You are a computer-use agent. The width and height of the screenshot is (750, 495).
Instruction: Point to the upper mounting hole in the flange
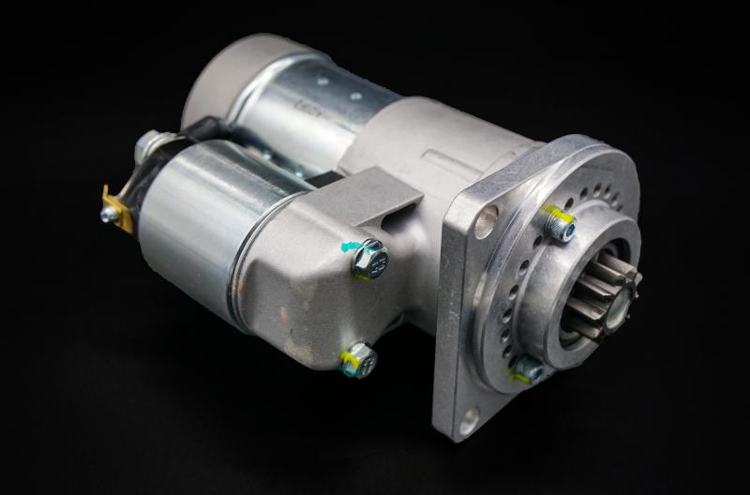pos(486,222)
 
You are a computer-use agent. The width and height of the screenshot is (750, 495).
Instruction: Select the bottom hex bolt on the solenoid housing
pos(359,360)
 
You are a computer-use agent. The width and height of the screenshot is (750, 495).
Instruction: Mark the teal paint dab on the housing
pos(350,247)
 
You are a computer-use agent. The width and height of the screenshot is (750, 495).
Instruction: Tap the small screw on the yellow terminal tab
pos(109,215)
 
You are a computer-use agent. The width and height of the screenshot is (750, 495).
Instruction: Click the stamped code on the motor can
pos(308,107)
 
